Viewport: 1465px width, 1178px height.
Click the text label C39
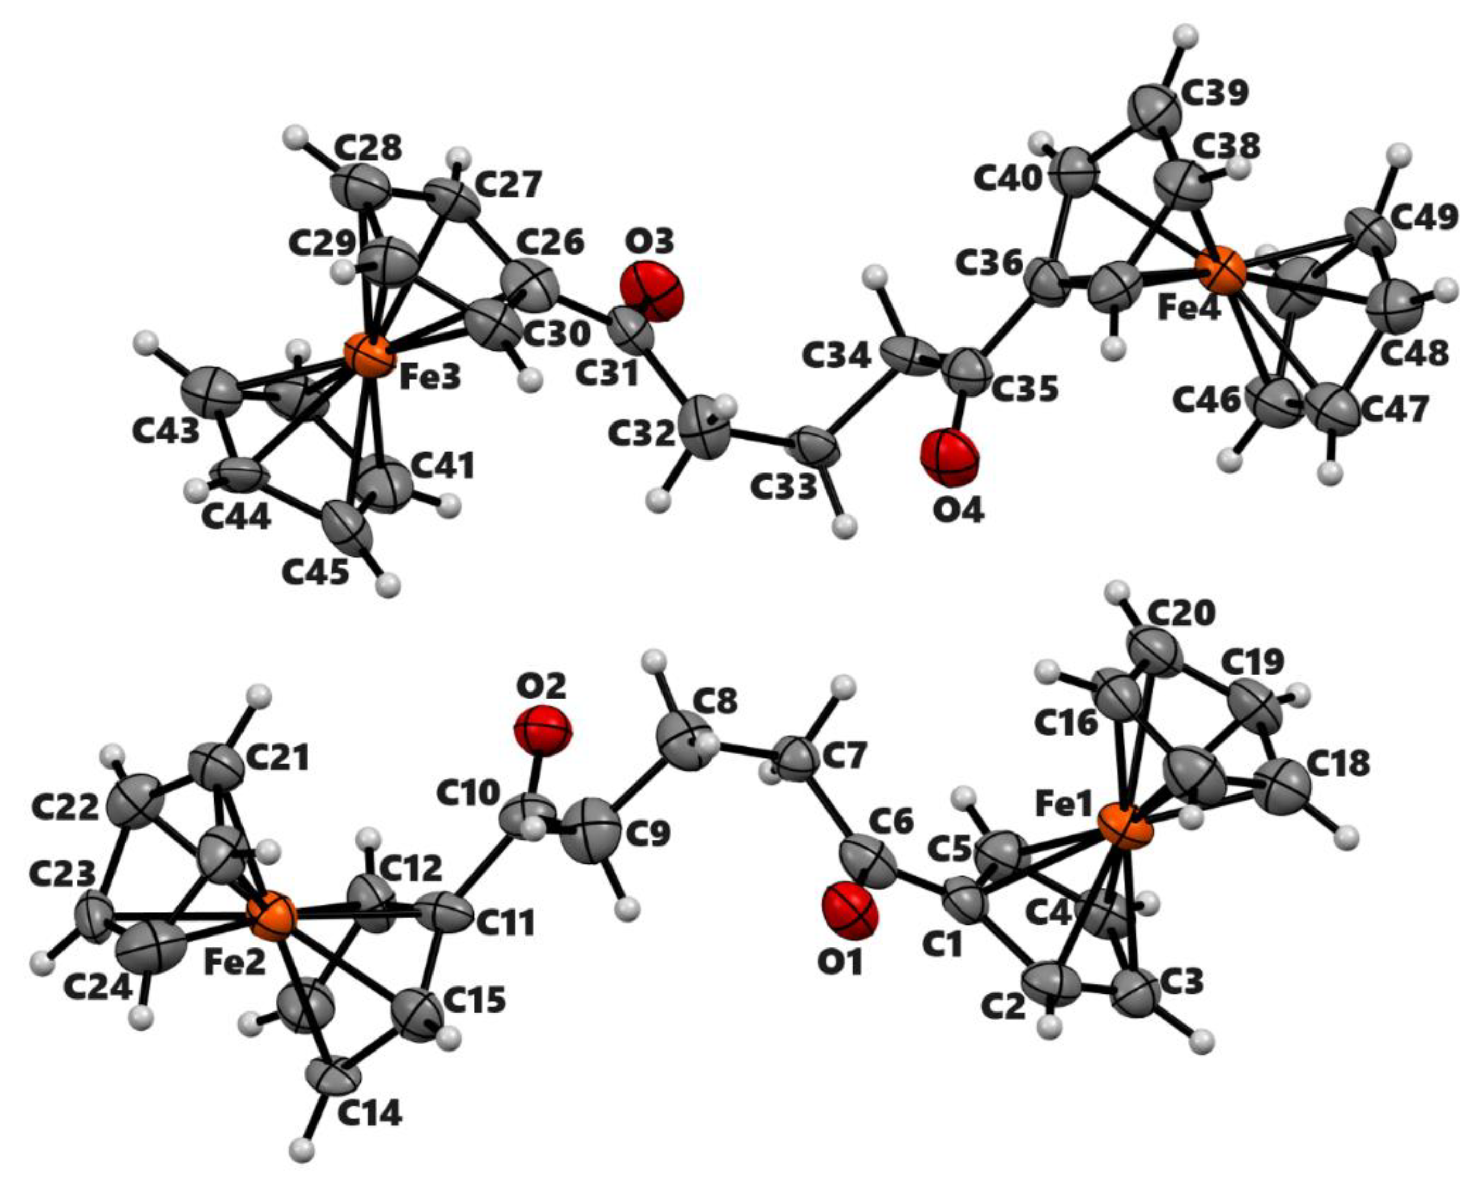tap(1215, 93)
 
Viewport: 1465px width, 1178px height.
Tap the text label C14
tap(369, 1114)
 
